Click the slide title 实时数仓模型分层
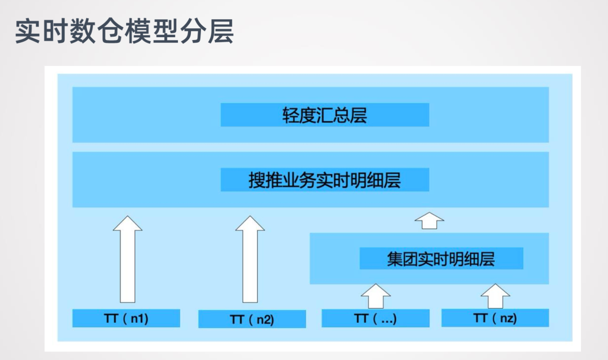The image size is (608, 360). [124, 32]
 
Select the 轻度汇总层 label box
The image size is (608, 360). [324, 115]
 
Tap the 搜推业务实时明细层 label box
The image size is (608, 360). [324, 180]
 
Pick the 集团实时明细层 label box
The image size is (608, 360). [441, 259]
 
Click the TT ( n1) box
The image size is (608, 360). [126, 318]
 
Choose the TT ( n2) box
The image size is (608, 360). [252, 319]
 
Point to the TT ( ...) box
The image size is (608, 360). [375, 318]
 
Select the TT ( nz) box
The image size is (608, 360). [495, 318]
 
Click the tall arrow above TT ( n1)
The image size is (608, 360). [127, 259]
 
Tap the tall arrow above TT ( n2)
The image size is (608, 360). [250, 259]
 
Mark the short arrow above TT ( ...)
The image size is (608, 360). [375, 296]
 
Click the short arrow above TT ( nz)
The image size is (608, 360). [495, 296]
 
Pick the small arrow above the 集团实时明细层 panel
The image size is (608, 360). [430, 220]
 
